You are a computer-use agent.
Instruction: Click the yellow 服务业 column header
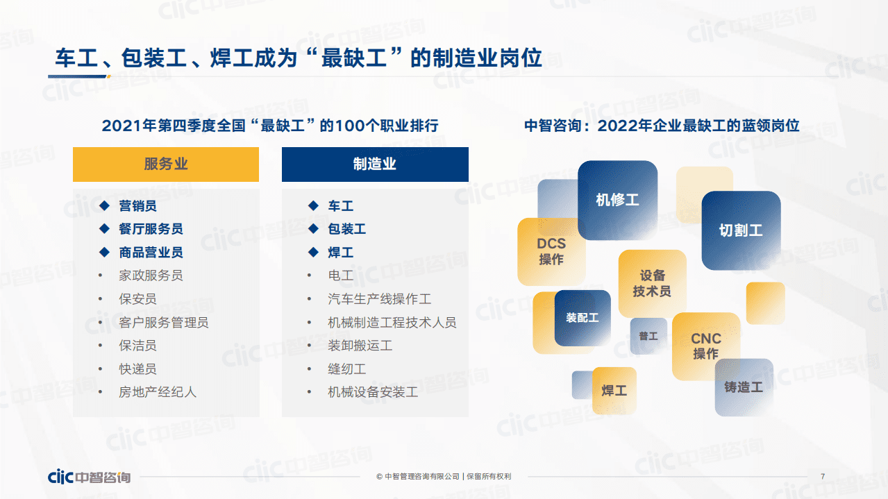(166, 164)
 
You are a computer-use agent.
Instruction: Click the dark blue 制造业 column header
(375, 164)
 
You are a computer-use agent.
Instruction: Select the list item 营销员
(137, 206)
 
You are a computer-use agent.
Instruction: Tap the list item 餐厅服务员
(151, 229)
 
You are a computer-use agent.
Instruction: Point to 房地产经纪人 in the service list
(158, 392)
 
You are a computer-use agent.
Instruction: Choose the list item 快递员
(137, 369)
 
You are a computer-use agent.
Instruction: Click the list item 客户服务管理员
(163, 322)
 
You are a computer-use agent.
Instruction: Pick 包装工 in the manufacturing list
(346, 229)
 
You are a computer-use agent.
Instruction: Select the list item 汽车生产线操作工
(379, 299)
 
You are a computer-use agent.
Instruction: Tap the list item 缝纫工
(346, 369)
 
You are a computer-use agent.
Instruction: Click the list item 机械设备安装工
(372, 392)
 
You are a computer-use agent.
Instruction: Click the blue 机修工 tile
(617, 201)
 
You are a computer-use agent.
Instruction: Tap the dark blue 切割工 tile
(741, 230)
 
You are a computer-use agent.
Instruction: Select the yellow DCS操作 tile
(551, 251)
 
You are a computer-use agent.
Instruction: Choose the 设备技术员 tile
(652, 283)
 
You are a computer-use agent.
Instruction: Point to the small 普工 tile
(648, 336)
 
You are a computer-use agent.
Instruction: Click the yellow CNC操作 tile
(706, 346)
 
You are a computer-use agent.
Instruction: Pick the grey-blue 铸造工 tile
(744, 387)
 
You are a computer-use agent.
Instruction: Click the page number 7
(823, 476)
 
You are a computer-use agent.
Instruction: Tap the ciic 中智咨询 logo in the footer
(89, 477)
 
